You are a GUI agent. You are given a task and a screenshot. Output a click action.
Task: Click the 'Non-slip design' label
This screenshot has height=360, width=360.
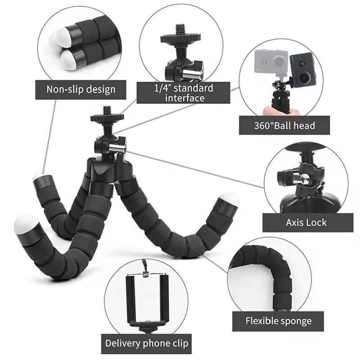point(81,89)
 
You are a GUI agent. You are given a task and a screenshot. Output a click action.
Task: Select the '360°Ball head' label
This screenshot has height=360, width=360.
point(284,125)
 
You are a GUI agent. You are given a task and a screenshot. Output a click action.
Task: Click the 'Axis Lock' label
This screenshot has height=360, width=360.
point(306,222)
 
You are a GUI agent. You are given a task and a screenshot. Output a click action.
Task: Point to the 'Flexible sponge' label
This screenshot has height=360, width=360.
point(278,321)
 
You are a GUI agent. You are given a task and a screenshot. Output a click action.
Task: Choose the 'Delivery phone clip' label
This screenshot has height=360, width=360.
point(147,343)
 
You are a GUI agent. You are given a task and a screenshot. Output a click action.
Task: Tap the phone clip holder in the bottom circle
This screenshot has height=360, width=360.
point(147,299)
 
